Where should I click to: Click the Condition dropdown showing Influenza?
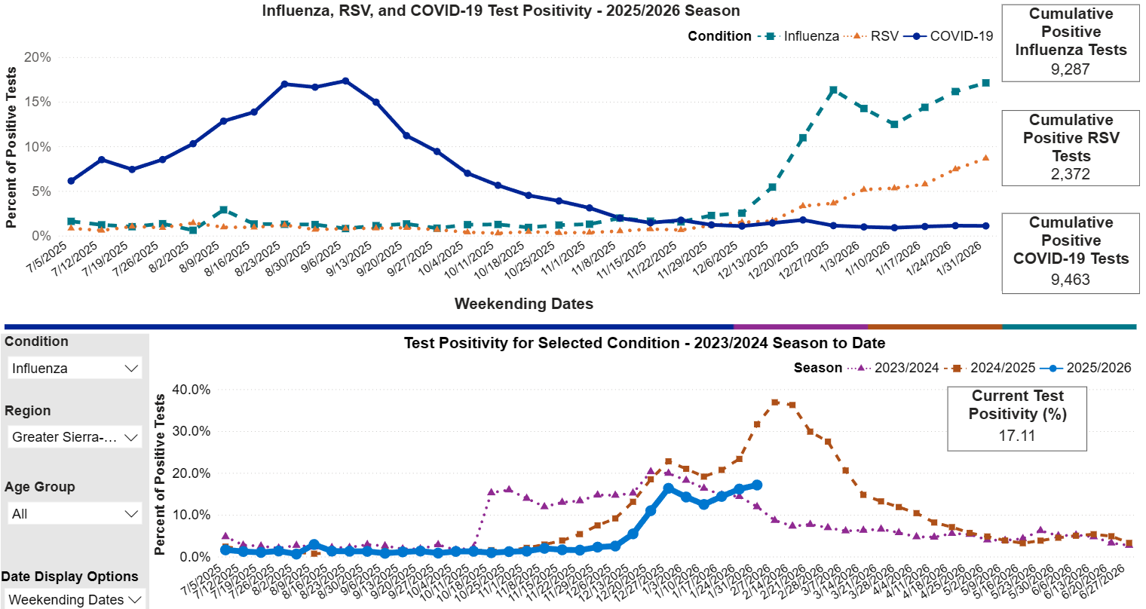75,369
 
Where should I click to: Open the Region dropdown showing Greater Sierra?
75,437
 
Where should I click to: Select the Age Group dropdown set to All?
75,514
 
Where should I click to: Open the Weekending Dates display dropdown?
75,600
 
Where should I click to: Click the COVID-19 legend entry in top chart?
953,36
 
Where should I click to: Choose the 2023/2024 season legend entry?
897,368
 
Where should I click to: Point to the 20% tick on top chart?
38,57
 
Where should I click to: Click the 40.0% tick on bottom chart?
192,390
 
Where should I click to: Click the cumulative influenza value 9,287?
1071,69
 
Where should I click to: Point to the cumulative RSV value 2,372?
1071,174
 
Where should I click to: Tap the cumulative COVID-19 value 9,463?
1071,280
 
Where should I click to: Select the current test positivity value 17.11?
1017,436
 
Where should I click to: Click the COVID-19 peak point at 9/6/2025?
345,81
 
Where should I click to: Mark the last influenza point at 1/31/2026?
985,83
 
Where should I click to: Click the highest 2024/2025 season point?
775,402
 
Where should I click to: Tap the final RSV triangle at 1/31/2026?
985,158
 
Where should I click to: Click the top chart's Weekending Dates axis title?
523,304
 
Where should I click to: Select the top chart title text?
501,11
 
